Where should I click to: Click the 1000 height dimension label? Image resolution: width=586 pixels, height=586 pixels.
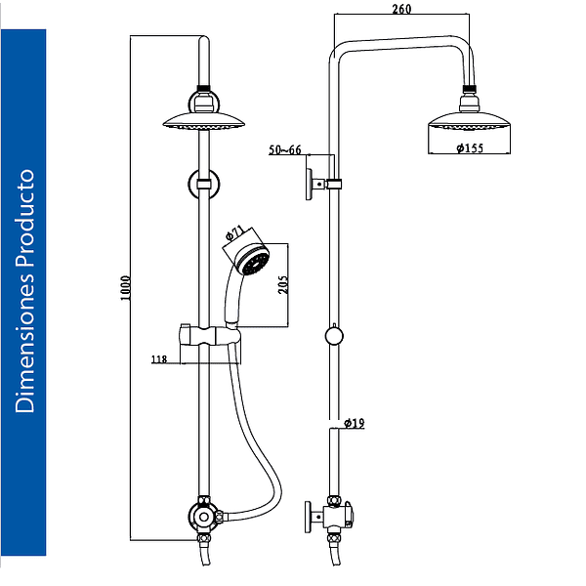[125, 288]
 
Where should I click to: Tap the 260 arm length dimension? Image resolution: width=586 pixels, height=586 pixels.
[401, 9]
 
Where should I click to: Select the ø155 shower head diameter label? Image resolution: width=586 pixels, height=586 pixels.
[470, 148]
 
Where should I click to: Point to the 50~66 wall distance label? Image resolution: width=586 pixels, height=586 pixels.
[285, 149]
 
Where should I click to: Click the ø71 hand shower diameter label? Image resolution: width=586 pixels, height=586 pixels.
[235, 233]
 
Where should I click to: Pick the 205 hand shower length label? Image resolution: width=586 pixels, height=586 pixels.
[283, 285]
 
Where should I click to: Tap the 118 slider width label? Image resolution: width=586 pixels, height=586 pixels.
[159, 359]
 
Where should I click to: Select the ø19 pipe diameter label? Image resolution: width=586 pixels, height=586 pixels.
[354, 423]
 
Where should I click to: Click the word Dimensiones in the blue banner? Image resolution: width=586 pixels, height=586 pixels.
[25, 343]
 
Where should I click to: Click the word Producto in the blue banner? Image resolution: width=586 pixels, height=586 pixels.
[25, 218]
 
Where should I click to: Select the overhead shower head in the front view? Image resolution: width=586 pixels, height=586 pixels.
[204, 120]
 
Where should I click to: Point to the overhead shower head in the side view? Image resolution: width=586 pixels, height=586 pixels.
[469, 120]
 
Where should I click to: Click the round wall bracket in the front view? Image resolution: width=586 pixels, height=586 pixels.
[204, 184]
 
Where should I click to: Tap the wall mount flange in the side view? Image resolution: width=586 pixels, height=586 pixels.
[309, 185]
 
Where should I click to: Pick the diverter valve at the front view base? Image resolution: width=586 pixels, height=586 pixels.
[204, 518]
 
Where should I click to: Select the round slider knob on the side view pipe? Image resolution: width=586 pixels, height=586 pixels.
[334, 336]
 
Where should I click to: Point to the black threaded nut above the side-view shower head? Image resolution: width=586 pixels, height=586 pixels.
[470, 89]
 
